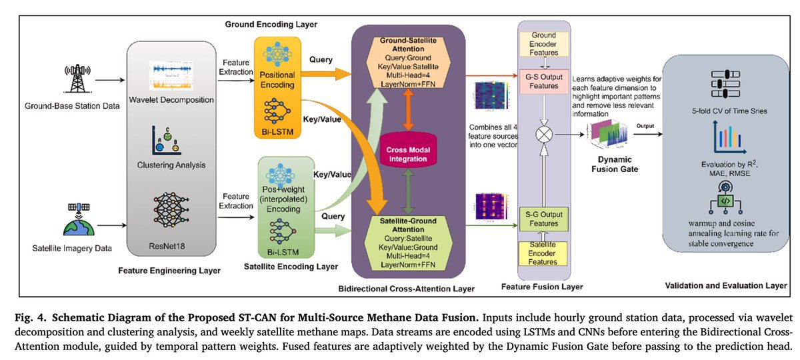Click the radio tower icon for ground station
point(77,81)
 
